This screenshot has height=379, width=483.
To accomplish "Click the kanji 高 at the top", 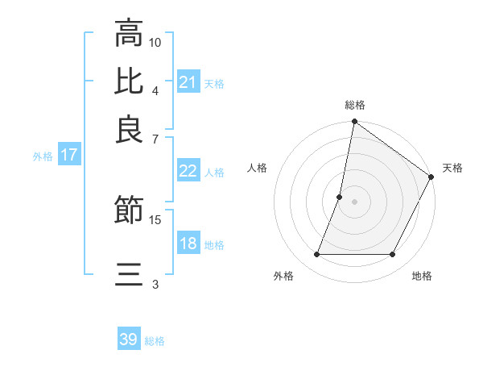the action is [x=129, y=34].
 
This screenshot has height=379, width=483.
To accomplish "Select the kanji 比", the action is [x=129, y=81].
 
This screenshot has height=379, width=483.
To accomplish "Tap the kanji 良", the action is [x=129, y=129].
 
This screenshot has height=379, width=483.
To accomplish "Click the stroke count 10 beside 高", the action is [x=155, y=42].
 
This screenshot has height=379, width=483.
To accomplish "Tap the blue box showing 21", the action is [x=188, y=82].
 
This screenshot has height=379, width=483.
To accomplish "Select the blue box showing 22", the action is [x=188, y=171].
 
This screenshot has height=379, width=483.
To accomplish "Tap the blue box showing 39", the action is [x=129, y=339].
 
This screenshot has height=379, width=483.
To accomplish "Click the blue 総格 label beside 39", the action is [x=155, y=341].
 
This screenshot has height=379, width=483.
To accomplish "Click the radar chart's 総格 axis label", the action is [x=355, y=106].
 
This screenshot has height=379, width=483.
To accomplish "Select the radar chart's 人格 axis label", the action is [x=258, y=168].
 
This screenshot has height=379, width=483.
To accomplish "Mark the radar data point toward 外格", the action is [x=317, y=255].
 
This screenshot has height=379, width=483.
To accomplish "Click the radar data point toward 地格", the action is [x=393, y=255].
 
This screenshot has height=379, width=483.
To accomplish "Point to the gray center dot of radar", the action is [x=355, y=202].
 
